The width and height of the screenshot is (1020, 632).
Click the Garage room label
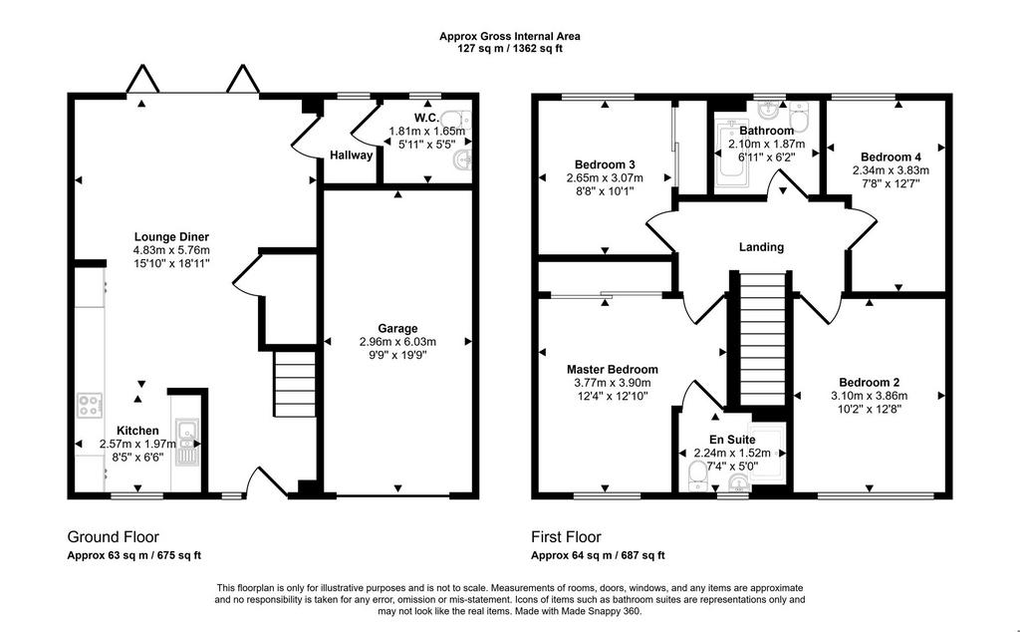coord(397,329)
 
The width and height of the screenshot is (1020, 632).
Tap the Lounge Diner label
coord(171,237)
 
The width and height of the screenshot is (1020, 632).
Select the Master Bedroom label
coord(613,370)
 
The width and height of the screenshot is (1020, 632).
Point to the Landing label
coord(761,247)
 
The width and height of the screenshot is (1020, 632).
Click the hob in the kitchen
coord(90,405)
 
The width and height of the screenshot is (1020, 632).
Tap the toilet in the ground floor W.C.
coord(457,119)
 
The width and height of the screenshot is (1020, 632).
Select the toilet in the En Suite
coord(696,476)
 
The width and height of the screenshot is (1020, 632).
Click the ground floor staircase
coord(294,384)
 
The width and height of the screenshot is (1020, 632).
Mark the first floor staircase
coord(764,339)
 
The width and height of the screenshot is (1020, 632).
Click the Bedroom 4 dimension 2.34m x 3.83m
coord(891,170)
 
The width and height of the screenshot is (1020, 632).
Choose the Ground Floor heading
coord(114,537)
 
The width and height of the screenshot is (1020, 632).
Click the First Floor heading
coord(566,537)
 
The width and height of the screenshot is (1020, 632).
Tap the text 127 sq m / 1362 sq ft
coord(509,48)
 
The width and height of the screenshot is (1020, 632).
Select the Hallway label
coord(352,155)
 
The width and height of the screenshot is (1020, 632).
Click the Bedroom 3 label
coord(605,164)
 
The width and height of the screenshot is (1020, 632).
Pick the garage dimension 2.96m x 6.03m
coord(397,342)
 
